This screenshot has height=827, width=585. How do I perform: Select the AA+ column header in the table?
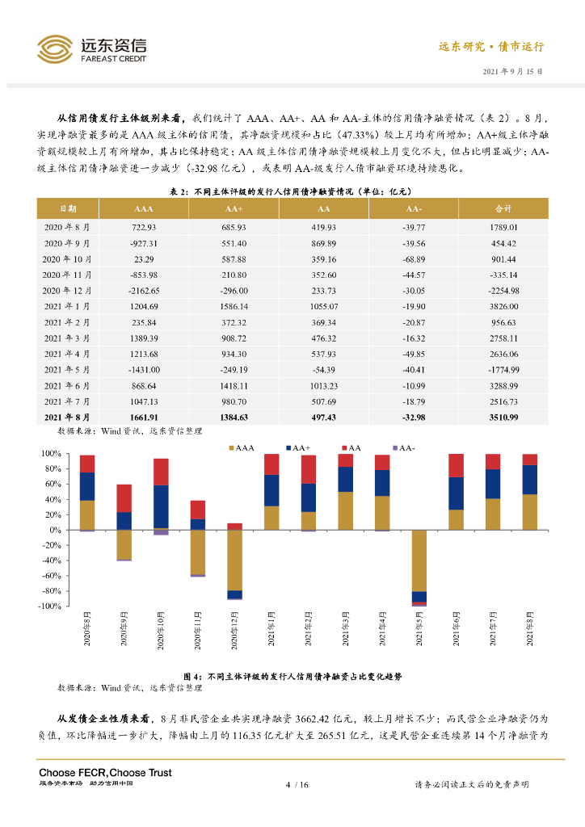click(234, 208)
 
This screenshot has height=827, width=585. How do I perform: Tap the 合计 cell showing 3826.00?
click(503, 306)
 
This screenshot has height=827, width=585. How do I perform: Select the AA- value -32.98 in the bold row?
click(413, 417)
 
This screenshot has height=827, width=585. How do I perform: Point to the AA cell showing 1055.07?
click(323, 306)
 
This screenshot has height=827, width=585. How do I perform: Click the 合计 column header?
click(503, 208)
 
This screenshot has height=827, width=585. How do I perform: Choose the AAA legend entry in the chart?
click(242, 447)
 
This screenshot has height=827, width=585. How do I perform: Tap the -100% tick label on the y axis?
click(50, 606)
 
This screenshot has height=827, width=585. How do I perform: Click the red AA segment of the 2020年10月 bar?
click(161, 472)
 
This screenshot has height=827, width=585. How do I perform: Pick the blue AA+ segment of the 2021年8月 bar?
click(529, 480)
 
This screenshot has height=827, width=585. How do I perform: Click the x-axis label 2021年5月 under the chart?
click(419, 630)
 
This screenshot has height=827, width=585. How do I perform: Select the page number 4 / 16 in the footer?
click(297, 784)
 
